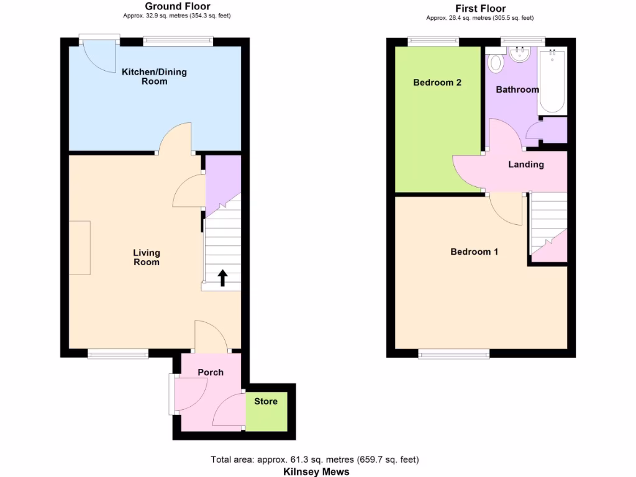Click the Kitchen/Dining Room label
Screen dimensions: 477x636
click(154, 76)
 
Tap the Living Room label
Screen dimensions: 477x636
click(147, 257)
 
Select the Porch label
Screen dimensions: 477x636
click(211, 372)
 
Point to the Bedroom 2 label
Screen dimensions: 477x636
click(437, 82)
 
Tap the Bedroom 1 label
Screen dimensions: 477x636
click(475, 252)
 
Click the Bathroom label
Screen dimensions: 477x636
click(517, 89)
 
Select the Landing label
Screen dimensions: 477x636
click(526, 165)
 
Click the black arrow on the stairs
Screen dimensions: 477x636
click(222, 278)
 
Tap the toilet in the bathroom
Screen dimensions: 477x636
click(496, 62)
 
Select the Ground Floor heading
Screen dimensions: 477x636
click(178, 7)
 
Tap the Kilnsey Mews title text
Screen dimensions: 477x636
click(316, 471)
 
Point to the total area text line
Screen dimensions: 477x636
click(315, 460)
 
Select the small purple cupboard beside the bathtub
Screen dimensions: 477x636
click(554, 130)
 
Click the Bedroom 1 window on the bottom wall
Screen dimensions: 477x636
click(454, 355)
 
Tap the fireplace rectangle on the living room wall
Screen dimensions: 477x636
click(80, 247)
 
